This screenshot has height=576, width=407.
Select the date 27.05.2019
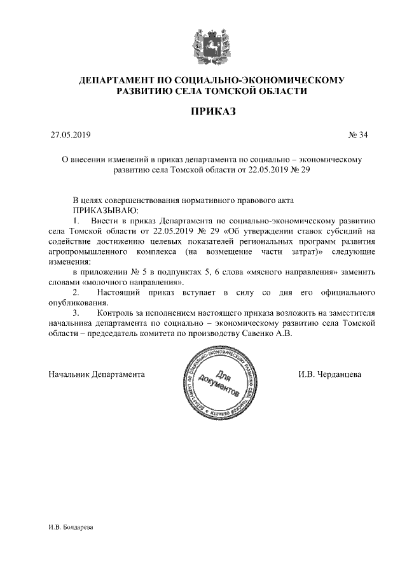pos(71,135)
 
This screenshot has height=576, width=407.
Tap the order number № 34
pos(358,135)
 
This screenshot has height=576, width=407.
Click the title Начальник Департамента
pos(97,374)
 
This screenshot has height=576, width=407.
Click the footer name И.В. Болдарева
pos(70,528)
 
